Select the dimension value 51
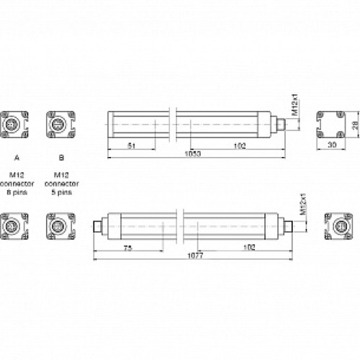[x=132, y=146]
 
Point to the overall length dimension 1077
[x=192, y=256]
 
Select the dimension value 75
[x=127, y=247]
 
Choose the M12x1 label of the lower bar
[x=303, y=204]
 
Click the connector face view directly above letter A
[x=15, y=124]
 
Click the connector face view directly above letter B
[x=59, y=124]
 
